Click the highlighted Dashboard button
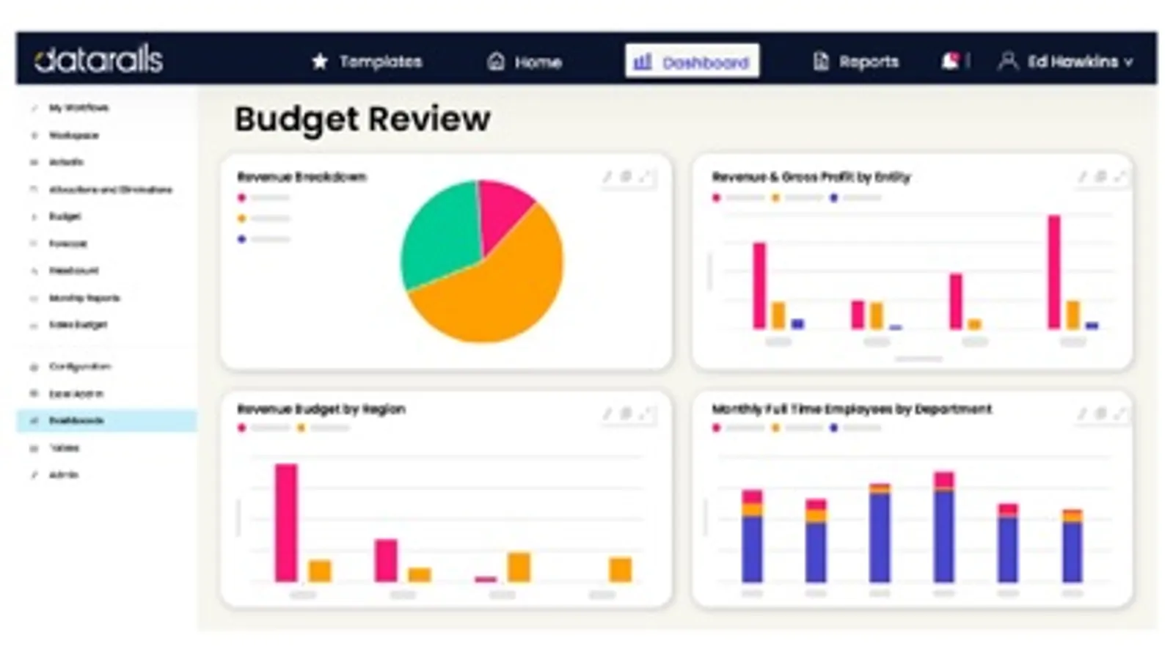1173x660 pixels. pyautogui.click(x=692, y=62)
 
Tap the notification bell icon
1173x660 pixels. pyautogui.click(x=950, y=61)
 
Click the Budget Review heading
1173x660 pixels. pyautogui.click(x=362, y=119)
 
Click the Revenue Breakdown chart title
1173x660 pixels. pyautogui.click(x=302, y=177)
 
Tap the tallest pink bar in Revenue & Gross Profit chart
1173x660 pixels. pyautogui.click(x=1054, y=271)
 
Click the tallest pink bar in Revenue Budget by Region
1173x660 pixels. pyautogui.click(x=286, y=522)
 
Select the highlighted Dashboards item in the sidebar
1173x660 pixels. pyautogui.click(x=76, y=421)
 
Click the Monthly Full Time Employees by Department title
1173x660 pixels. pyautogui.click(x=851, y=409)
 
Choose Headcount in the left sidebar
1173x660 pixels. pyautogui.click(x=73, y=271)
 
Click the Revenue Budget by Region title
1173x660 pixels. pyautogui.click(x=321, y=409)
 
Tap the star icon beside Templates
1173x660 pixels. pyautogui.click(x=320, y=62)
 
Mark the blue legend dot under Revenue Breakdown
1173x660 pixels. pyautogui.click(x=241, y=239)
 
